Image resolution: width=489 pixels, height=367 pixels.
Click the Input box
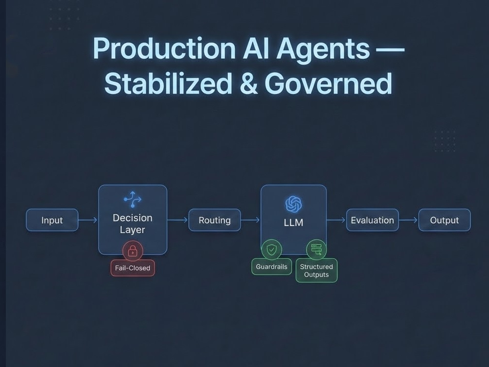coord(52,220)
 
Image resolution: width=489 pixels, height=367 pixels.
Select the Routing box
coord(215,220)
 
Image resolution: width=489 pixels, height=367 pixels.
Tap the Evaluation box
coord(372,220)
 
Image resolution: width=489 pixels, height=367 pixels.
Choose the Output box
coord(445,220)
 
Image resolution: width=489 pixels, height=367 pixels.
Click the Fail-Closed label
coord(133,268)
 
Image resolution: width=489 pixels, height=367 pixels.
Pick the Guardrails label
coord(271,267)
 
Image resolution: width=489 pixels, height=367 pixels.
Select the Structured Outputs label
coord(316,271)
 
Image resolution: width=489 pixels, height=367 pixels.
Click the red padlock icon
coord(133,250)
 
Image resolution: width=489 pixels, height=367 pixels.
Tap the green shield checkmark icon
coord(271,250)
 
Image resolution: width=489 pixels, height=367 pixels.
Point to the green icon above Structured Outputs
coord(316,250)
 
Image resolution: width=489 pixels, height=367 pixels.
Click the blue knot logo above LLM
coord(293,205)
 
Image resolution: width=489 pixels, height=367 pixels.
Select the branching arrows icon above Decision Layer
coord(133,200)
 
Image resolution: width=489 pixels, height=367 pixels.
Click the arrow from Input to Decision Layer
coord(88,220)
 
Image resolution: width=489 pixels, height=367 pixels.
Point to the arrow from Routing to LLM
coord(250,220)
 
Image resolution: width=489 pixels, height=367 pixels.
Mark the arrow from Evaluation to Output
coord(408,220)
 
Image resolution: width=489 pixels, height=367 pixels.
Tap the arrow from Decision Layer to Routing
coord(178,220)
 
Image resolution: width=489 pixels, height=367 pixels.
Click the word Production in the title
coord(164,48)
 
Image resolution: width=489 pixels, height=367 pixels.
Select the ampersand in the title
coord(249,83)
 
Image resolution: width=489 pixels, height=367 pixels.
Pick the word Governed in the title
coord(328,83)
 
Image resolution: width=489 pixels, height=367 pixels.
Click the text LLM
coord(293,223)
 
